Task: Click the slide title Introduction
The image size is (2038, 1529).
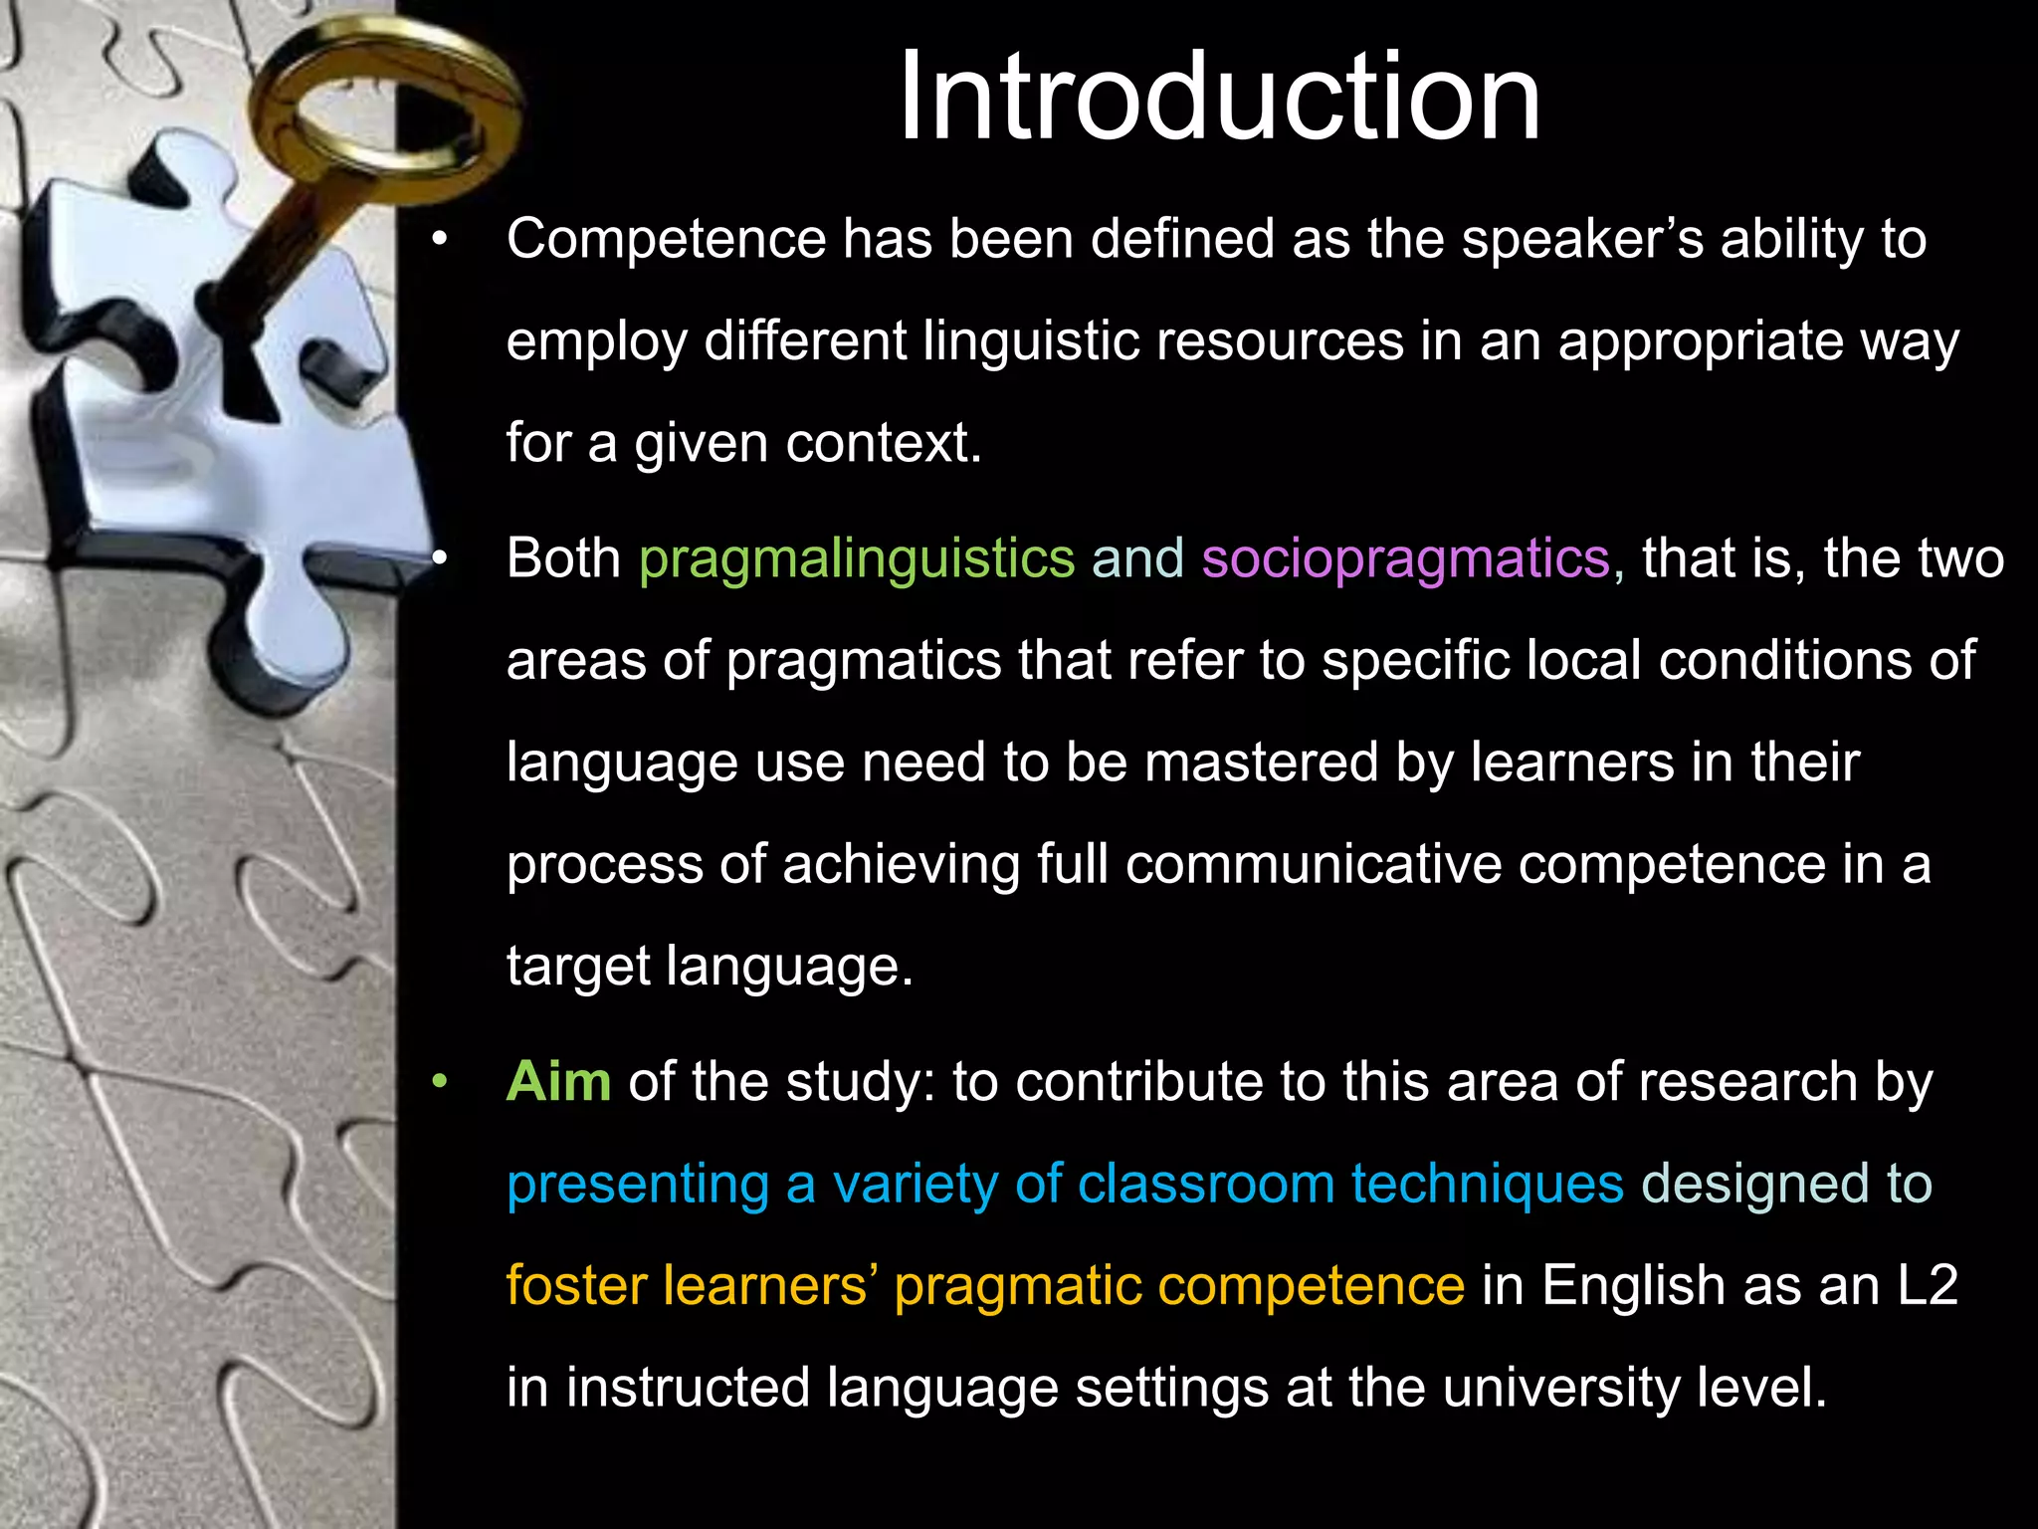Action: [1219, 98]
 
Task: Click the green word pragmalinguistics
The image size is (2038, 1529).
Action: [857, 557]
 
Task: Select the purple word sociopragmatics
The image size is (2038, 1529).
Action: [1405, 557]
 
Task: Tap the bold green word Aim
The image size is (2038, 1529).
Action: [558, 1081]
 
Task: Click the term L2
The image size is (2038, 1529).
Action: [1928, 1285]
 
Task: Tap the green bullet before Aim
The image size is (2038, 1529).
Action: [440, 1082]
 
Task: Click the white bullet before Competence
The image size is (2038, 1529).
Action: [440, 239]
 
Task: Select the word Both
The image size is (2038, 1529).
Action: [563, 557]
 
